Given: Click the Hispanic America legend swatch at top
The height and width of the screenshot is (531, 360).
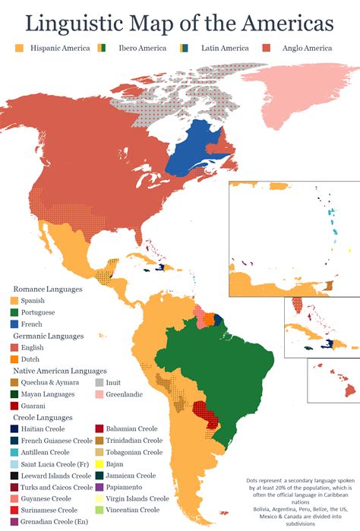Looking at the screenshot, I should pyautogui.click(x=20, y=48).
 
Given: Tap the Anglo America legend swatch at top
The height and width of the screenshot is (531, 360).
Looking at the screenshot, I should pyautogui.click(x=267, y=48).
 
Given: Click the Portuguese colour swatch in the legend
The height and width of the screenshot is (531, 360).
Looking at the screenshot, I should pyautogui.click(x=15, y=311).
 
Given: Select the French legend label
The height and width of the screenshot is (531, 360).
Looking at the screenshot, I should pyautogui.click(x=36, y=323).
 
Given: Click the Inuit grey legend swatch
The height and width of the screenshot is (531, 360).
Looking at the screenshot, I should pyautogui.click(x=99, y=382).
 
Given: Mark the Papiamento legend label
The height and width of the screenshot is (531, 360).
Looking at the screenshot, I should pyautogui.click(x=127, y=487).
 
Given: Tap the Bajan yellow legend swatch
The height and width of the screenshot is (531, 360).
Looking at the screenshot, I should pyautogui.click(x=99, y=463).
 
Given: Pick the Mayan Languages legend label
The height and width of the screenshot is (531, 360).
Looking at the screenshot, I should pyautogui.click(x=49, y=394).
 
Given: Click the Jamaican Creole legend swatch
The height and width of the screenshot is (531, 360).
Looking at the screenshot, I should pyautogui.click(x=99, y=475).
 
